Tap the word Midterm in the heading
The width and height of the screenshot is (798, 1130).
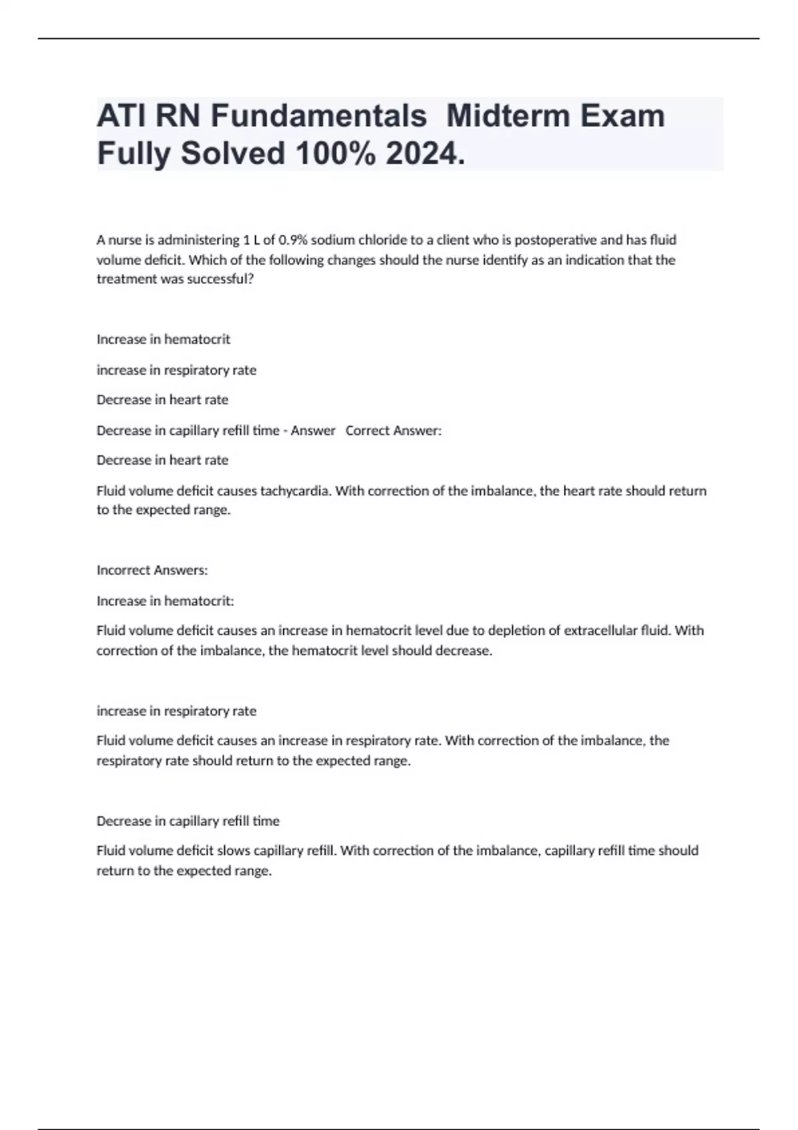(508, 116)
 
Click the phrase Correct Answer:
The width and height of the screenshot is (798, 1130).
(393, 431)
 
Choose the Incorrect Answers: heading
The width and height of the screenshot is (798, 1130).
(152, 570)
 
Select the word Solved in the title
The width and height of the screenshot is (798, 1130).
(233, 154)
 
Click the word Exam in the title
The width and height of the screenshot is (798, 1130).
(622, 116)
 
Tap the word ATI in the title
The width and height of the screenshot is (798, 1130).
(121, 116)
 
